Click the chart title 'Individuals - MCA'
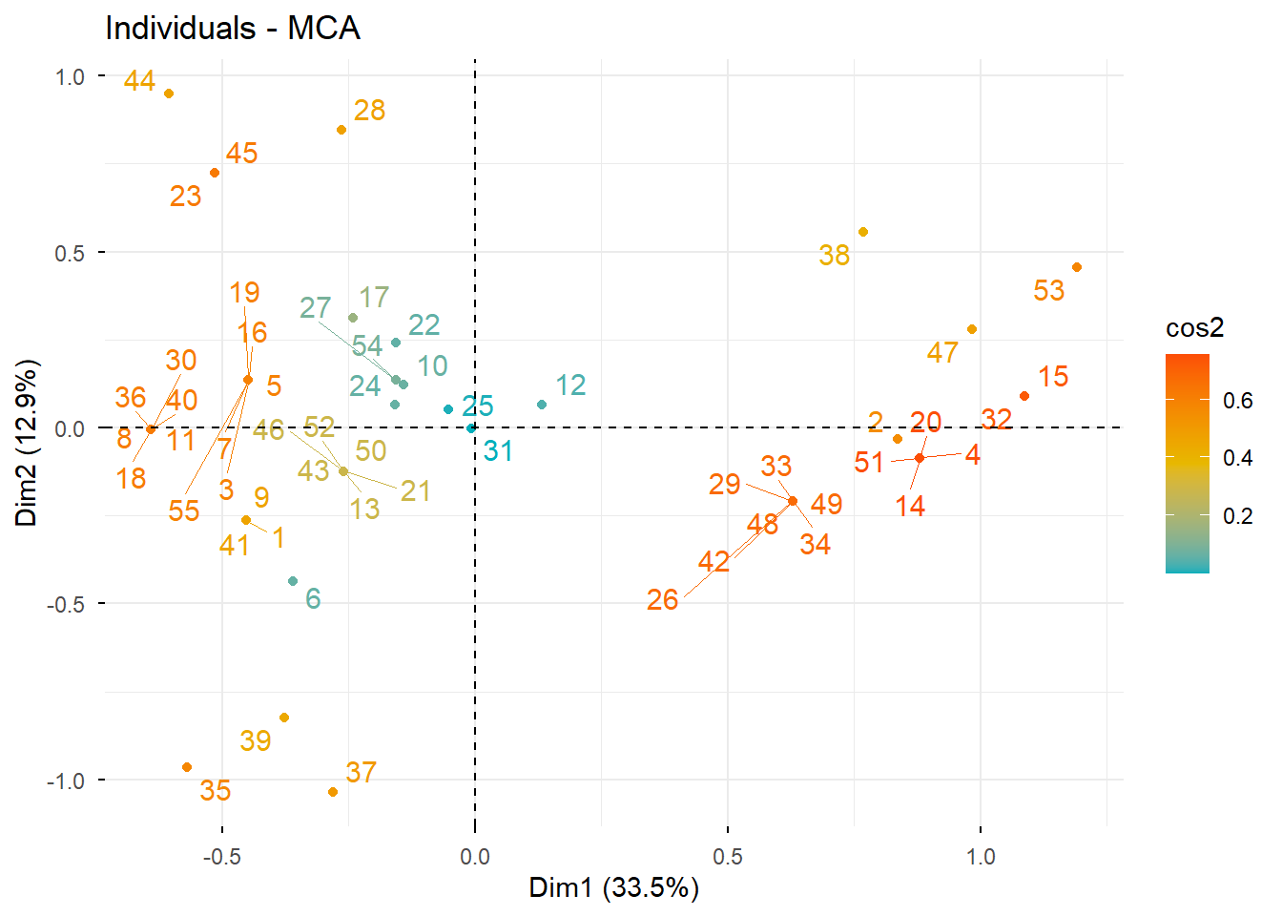(233, 28)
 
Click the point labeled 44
(169, 94)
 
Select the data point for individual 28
(341, 130)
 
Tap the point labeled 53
(1077, 267)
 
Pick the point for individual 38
(863, 232)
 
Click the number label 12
(570, 385)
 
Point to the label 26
(662, 599)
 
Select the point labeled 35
(187, 767)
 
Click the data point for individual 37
(333, 792)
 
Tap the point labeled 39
(283, 718)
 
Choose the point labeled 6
(293, 581)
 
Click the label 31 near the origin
(498, 450)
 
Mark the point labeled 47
(972, 329)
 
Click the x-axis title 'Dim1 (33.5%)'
(614, 888)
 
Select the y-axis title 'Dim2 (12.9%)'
(27, 443)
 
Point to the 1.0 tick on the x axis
(981, 856)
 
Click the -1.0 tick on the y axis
(65, 781)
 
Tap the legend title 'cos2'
(1194, 328)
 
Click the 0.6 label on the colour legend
(1238, 401)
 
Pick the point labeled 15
(1024, 396)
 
